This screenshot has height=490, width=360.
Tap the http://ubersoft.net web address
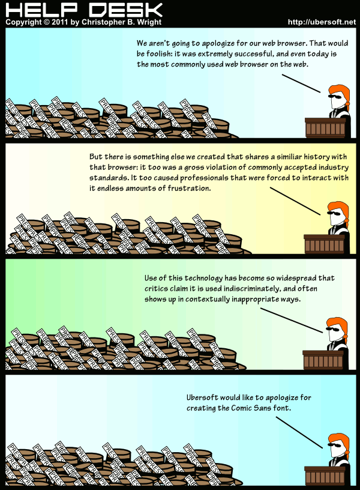322,22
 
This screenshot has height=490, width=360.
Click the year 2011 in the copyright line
59,22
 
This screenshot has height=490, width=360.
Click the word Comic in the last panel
242,408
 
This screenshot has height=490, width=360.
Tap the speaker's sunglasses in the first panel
337,97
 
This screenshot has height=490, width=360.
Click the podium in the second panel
325,244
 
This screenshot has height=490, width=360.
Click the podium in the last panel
325,476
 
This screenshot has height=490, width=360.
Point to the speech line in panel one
301,83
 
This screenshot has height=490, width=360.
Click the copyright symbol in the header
47,22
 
